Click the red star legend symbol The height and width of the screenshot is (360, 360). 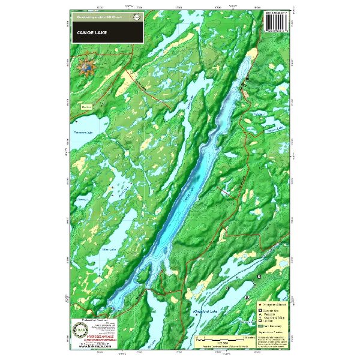pyautogui.click(x=261, y=304)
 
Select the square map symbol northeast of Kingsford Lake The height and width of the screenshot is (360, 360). pyautogui.click(x=259, y=276)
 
